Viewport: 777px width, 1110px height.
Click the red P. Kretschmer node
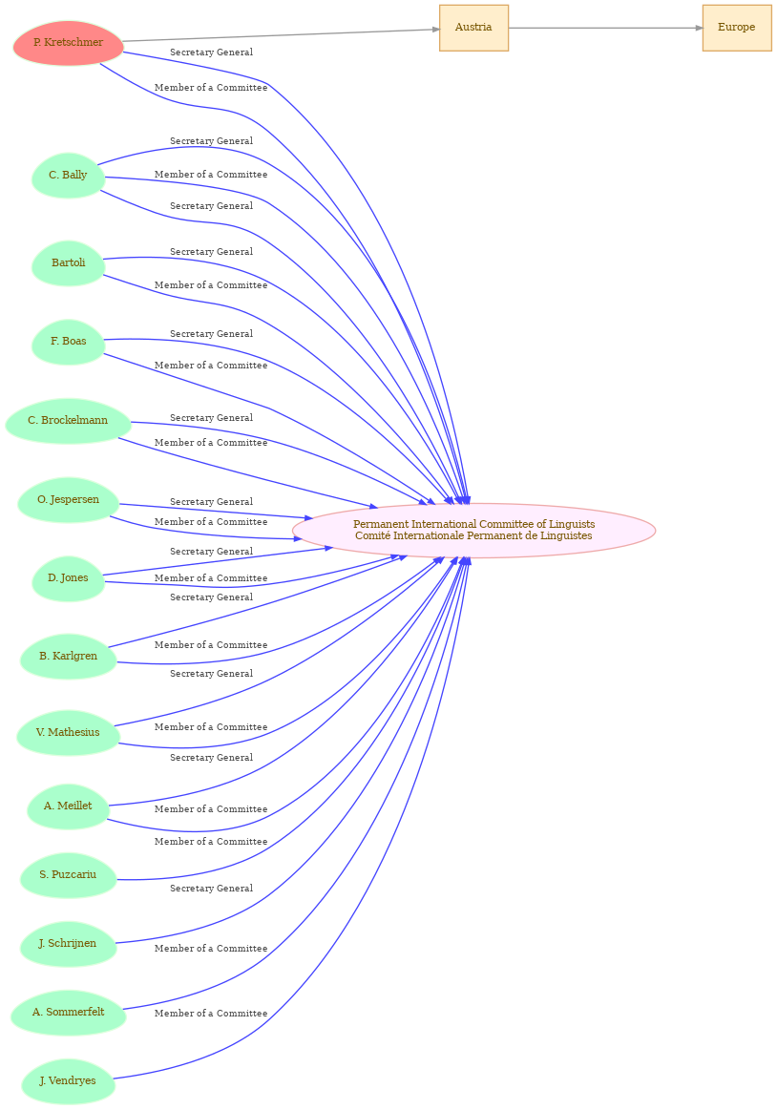[x=68, y=43]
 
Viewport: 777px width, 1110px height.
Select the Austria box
[x=473, y=28]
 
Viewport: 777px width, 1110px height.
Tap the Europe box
[x=737, y=28]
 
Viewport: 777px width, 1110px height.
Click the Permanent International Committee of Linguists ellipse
[x=473, y=531]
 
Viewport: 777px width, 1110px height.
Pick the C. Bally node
[x=68, y=175]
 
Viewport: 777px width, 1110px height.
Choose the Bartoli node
[x=68, y=263]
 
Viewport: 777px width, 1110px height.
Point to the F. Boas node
[x=68, y=342]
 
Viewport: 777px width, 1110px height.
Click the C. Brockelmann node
[x=68, y=421]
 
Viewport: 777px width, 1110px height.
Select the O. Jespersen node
[x=68, y=500]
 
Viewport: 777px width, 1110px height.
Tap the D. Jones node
[x=68, y=578]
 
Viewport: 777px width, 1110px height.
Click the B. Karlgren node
[x=68, y=657]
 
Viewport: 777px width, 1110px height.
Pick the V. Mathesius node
[x=68, y=733]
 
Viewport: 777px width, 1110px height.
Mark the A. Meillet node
[x=68, y=806]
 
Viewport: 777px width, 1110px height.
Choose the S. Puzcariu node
[x=68, y=875]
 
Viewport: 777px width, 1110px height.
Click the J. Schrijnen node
[x=68, y=944]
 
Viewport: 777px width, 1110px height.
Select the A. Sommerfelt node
[x=68, y=1013]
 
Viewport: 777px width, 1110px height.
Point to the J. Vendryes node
[x=68, y=1081]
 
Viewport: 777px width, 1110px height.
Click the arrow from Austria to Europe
[x=605, y=28]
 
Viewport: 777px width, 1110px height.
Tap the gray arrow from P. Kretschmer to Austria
[x=282, y=35]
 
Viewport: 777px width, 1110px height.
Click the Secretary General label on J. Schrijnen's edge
[x=211, y=889]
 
